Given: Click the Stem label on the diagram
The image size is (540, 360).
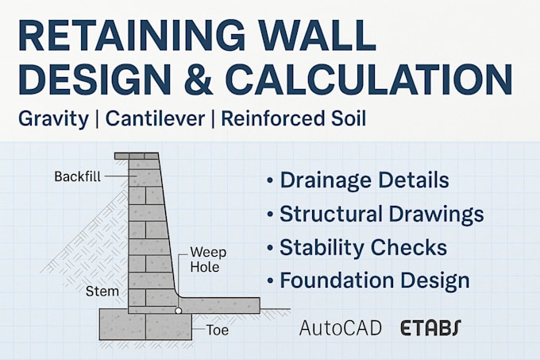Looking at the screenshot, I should [x=102, y=292].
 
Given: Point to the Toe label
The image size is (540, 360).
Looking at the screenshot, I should [x=218, y=329].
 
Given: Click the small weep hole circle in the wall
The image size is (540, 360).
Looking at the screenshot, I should [x=180, y=311].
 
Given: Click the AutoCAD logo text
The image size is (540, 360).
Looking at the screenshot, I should [x=340, y=327].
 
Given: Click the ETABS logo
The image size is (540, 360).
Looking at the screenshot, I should [x=430, y=327].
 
